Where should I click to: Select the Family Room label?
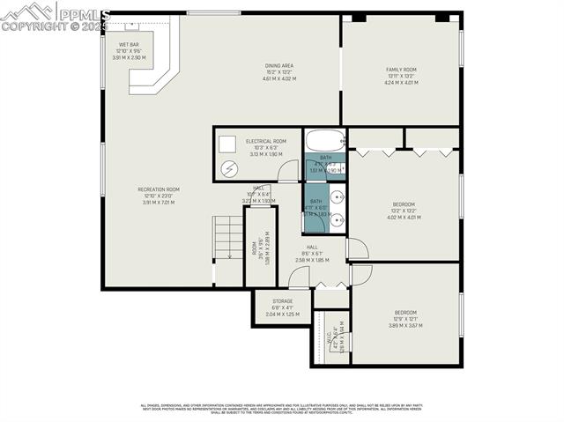400,76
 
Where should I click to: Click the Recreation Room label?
158,196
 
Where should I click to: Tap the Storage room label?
282,307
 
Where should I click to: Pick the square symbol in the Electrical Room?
227,143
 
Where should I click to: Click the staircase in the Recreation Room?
228,238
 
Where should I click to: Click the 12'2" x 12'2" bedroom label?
404,211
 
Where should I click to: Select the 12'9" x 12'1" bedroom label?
404,319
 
